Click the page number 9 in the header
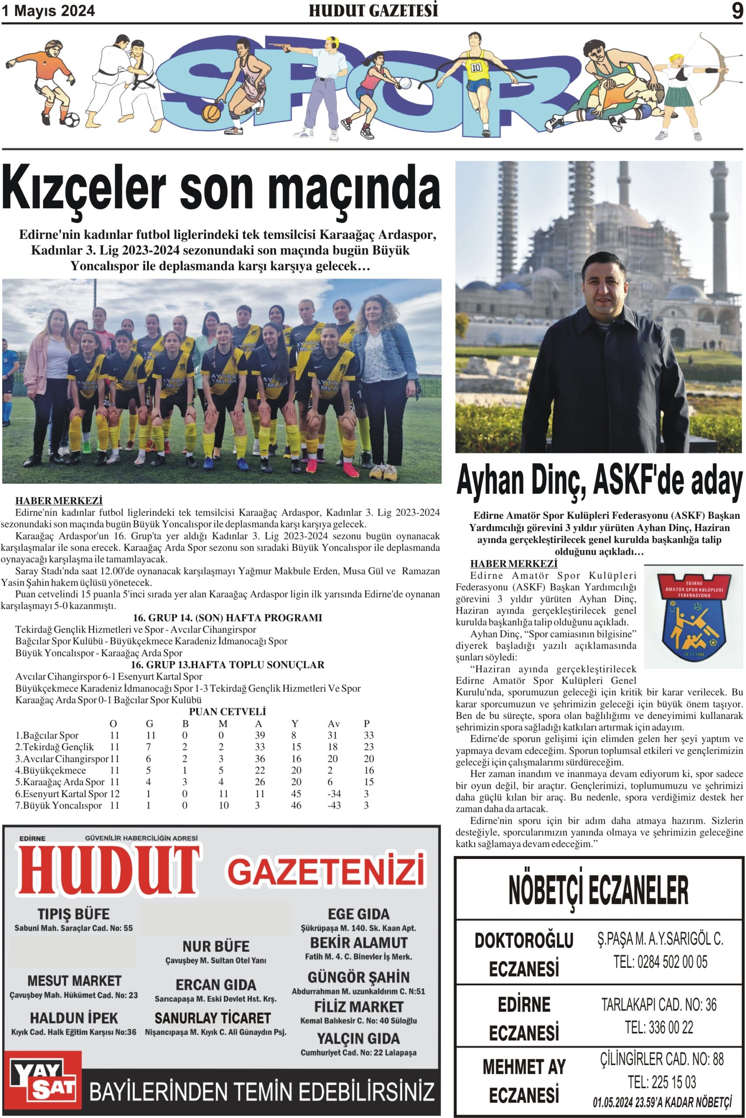pyautogui.click(x=736, y=10)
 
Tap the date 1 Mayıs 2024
pyautogui.click(x=48, y=11)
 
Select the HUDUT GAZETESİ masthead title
pyautogui.click(x=373, y=10)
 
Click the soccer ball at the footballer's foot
pyautogui.click(x=72, y=119)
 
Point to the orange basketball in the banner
pyautogui.click(x=211, y=113)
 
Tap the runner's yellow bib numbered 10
pyautogui.click(x=476, y=68)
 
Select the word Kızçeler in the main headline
pyautogui.click(x=84, y=189)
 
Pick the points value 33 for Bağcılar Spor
pyautogui.click(x=368, y=735)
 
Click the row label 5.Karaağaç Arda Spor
pyautogui.click(x=60, y=782)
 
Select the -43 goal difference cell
pyautogui.click(x=334, y=805)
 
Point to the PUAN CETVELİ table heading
pyautogui.click(x=227, y=711)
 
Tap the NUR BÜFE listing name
pyautogui.click(x=215, y=946)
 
